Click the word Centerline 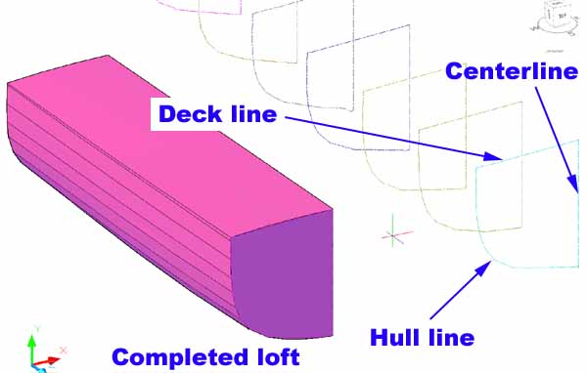(512, 71)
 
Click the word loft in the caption (279, 356)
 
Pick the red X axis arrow (46, 361)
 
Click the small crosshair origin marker (392, 235)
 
